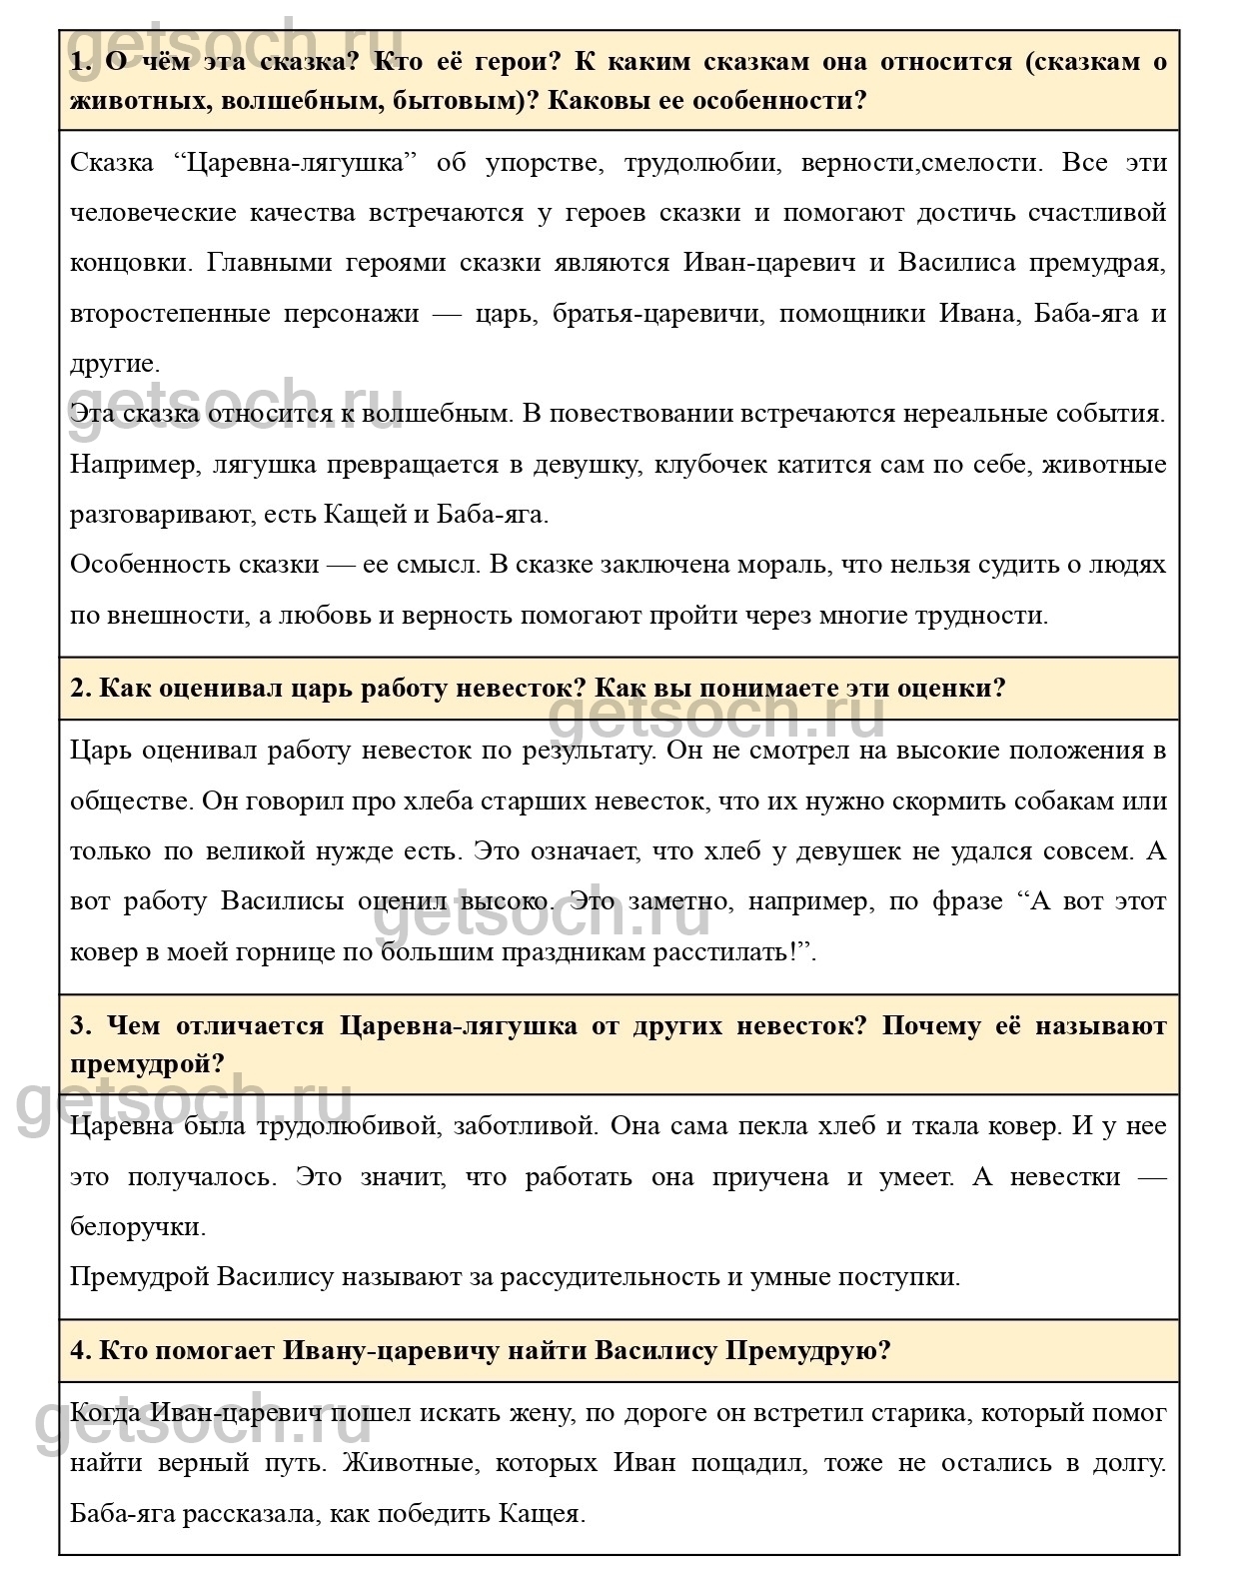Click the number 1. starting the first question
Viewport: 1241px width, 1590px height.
click(x=81, y=62)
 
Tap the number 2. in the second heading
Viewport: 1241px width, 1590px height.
click(x=81, y=689)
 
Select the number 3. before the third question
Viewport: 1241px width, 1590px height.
click(x=81, y=1026)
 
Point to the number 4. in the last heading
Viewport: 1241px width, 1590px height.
click(x=81, y=1351)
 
